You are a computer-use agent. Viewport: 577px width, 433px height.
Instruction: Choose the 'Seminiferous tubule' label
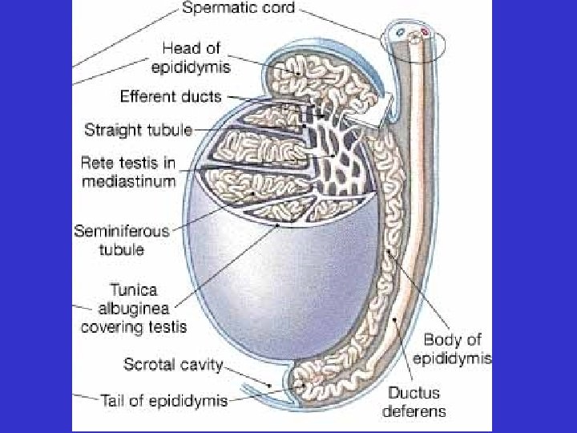122,240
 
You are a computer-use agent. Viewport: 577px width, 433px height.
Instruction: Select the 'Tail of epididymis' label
164,398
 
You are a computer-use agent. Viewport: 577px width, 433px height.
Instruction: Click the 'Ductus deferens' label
417,403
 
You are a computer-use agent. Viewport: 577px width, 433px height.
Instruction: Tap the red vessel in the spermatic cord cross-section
424,33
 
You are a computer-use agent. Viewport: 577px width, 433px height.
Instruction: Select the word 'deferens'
417,413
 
